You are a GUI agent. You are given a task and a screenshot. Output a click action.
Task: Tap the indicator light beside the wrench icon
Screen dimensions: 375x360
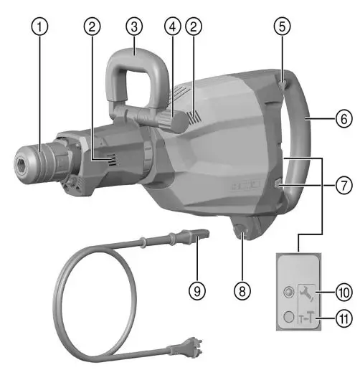point(288,293)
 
